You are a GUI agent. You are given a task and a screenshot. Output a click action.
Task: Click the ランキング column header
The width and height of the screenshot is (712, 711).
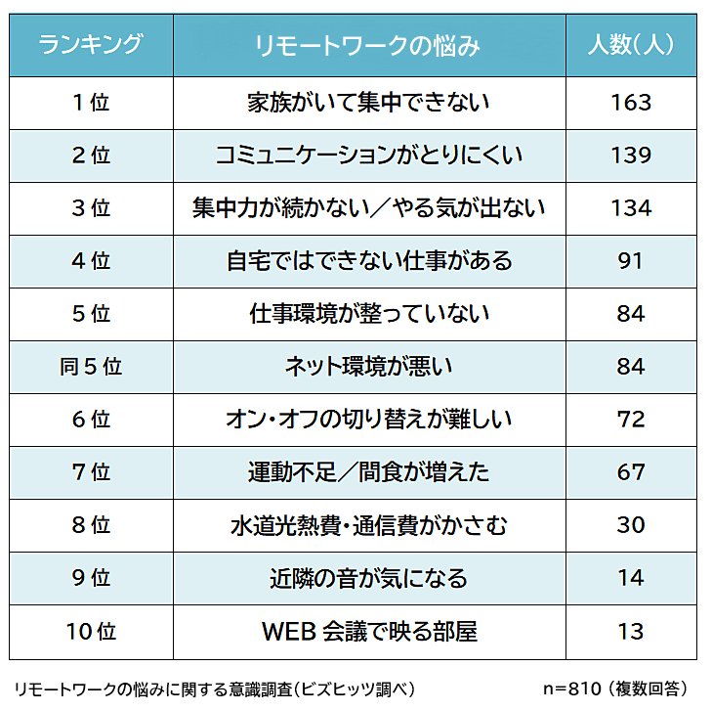pyautogui.click(x=90, y=45)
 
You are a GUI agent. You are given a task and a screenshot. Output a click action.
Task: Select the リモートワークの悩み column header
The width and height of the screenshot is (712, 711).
pyautogui.click(x=368, y=45)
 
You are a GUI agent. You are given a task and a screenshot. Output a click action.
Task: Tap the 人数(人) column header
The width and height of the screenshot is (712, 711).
pyautogui.click(x=630, y=45)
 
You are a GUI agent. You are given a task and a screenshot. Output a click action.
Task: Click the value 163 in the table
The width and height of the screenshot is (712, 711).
pyautogui.click(x=631, y=102)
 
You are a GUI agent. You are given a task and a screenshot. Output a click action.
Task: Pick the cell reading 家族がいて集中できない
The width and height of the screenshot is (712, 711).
pyautogui.click(x=368, y=102)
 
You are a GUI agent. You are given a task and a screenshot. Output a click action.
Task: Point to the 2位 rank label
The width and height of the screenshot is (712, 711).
pyautogui.click(x=91, y=155)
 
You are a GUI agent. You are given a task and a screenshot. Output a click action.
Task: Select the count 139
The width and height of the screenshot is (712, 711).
pyautogui.click(x=631, y=155)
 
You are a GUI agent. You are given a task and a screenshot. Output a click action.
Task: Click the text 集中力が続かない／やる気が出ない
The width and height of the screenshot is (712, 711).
pyautogui.click(x=368, y=207)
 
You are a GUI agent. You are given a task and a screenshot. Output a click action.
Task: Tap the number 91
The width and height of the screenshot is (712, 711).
pyautogui.click(x=631, y=260)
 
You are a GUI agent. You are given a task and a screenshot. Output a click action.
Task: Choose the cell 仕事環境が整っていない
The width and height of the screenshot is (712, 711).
pyautogui.click(x=368, y=313)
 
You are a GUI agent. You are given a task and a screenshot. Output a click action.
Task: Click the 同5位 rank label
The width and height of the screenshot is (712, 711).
pyautogui.click(x=91, y=366)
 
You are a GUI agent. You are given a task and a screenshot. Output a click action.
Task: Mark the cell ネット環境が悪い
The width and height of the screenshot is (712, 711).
pyautogui.click(x=368, y=366)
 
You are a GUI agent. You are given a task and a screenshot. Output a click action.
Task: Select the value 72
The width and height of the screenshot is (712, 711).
pyautogui.click(x=631, y=419)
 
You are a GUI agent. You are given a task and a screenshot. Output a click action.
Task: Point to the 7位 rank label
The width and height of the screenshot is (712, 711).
pyautogui.click(x=91, y=471)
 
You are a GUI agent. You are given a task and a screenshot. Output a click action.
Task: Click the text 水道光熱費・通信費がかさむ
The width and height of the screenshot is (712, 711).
pyautogui.click(x=368, y=525)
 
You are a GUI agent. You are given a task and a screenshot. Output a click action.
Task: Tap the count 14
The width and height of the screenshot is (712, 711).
pyautogui.click(x=631, y=578)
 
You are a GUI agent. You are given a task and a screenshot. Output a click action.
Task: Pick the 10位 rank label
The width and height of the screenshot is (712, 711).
pyautogui.click(x=91, y=631)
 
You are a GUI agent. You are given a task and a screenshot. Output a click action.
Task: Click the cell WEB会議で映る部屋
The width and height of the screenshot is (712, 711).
pyautogui.click(x=368, y=631)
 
